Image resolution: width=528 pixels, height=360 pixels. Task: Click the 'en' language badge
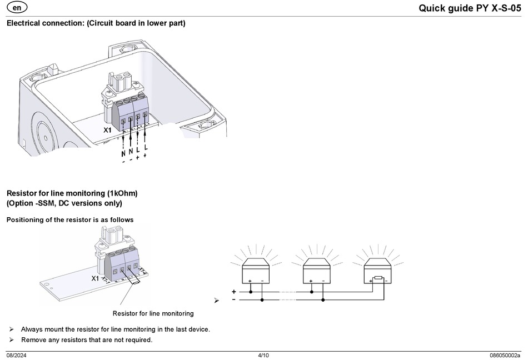(x=18, y=7)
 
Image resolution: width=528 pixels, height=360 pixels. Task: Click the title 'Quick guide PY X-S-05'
(x=470, y=8)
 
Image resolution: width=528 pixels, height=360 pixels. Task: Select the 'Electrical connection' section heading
(x=96, y=23)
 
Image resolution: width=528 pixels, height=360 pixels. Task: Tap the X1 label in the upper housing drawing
(x=108, y=129)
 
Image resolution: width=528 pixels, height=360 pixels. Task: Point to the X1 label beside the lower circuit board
(x=95, y=278)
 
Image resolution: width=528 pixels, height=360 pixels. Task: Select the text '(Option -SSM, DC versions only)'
(x=64, y=203)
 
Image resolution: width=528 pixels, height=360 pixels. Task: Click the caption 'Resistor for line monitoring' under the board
(x=153, y=313)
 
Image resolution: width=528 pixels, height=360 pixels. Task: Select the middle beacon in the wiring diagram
(x=317, y=271)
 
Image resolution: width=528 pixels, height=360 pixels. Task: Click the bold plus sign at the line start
(x=233, y=291)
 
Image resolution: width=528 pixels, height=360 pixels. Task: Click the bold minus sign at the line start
(x=233, y=300)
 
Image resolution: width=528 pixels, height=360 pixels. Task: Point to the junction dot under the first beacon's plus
(x=251, y=291)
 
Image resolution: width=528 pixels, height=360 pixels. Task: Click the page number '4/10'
(x=263, y=356)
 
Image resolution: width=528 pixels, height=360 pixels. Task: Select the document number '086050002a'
(x=505, y=356)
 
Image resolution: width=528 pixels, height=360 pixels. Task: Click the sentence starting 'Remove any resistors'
(x=86, y=340)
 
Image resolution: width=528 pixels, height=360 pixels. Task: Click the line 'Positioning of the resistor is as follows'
(x=70, y=220)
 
